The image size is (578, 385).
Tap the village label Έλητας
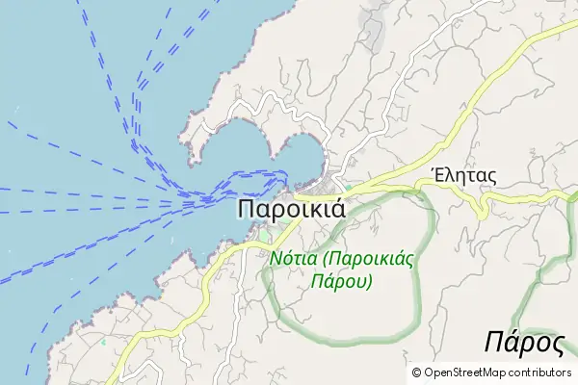pos(463,175)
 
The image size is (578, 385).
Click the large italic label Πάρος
pos(524,342)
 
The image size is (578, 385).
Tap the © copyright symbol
pos(416,372)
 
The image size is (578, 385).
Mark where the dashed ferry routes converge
pos(193,201)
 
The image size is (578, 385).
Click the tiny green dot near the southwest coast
pos(152,245)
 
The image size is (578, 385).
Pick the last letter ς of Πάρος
pos(555,345)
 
